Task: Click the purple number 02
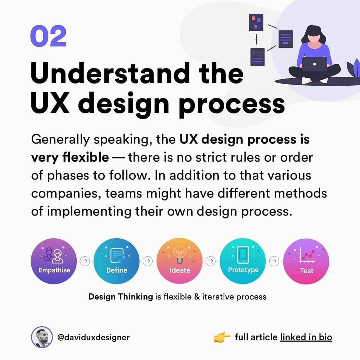[48, 36]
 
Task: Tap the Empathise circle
[54, 261]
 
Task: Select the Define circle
[117, 261]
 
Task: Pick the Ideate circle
[180, 261]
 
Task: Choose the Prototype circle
[243, 261]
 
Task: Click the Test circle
[306, 261]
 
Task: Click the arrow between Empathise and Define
[85, 261]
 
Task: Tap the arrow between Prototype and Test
[274, 261]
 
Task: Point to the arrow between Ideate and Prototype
[211, 261]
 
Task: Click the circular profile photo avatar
[42, 337]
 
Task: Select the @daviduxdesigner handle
[93, 337]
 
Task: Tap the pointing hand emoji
[222, 337]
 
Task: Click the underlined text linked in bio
[306, 337]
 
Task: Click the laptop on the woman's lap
[314, 64]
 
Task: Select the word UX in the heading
[50, 102]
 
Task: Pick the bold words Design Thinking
[121, 297]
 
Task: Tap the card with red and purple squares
[256, 23]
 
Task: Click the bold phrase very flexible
[70, 157]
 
